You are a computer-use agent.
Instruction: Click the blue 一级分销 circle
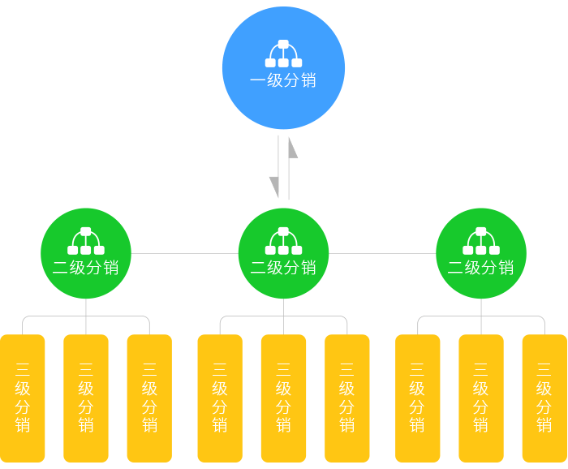283,68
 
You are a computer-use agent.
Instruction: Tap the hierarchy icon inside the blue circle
283,54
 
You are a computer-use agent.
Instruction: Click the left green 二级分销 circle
86,253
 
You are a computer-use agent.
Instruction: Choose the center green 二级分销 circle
283,253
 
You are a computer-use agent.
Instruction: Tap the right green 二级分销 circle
481,253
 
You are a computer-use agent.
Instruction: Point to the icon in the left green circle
86,241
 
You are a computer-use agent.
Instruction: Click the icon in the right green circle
481,241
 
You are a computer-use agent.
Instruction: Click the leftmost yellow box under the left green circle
23,398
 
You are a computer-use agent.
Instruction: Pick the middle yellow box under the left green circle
86,398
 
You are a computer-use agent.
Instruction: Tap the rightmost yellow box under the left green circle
149,398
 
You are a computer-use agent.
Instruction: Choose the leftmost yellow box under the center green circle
220,398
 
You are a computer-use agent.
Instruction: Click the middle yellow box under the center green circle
283,398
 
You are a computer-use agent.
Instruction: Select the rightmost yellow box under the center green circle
347,398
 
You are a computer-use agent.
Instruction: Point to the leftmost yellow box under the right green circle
418,398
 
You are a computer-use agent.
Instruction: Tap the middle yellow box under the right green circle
481,398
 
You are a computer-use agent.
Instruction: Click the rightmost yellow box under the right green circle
544,398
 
